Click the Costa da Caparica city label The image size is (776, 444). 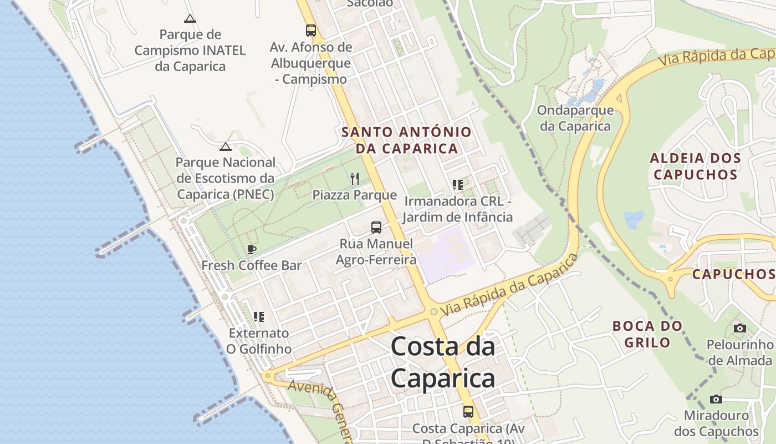coord(443,362)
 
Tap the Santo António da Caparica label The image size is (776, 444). coord(406,140)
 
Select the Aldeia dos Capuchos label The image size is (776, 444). coord(696,167)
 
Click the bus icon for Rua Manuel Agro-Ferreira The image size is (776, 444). coord(376,227)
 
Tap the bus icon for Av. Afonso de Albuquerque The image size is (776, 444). coord(311,31)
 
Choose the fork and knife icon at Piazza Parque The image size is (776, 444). coord(355,178)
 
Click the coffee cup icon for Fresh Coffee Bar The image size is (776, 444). coord(252,249)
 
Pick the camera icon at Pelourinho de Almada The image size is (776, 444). coord(739,328)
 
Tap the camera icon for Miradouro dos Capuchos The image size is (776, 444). coord(716,399)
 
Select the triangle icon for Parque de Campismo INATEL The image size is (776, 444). coord(190,18)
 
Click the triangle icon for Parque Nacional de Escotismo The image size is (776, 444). coord(225,147)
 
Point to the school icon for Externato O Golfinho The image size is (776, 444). coord(259,317)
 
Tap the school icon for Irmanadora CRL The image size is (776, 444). coord(457,184)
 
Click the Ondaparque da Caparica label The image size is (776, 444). coord(575,118)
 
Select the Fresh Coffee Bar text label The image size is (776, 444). coord(252,265)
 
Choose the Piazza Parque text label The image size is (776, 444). coord(355,195)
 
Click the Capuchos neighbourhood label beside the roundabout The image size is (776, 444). coord(733,274)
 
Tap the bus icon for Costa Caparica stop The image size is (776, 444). coord(468,412)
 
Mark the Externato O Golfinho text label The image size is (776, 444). coord(259,341)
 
